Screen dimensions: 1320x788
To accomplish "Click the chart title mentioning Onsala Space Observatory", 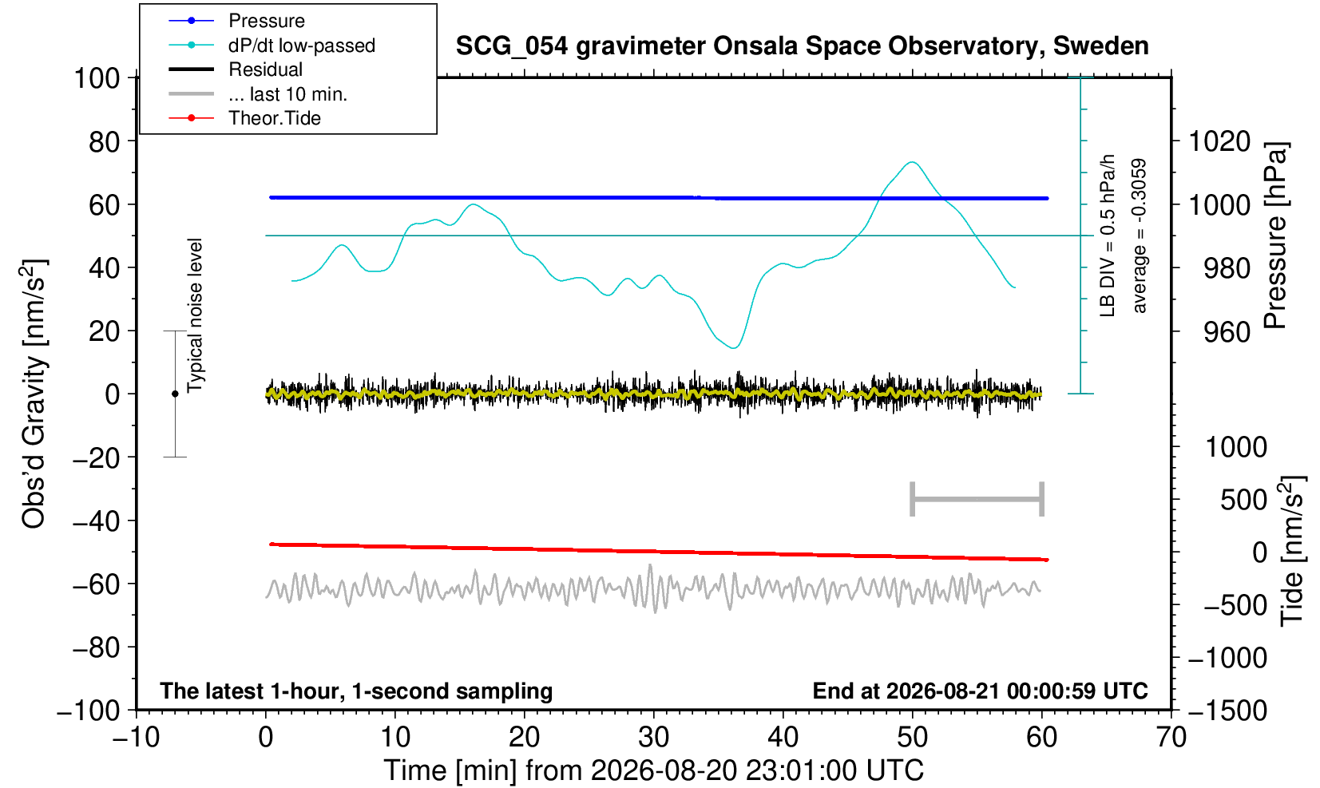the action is coord(802,46).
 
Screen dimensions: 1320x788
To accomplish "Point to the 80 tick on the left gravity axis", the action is coord(105,141).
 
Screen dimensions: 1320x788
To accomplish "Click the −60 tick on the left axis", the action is coord(96,584).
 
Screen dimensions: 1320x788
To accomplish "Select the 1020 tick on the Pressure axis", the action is coord(1219,141).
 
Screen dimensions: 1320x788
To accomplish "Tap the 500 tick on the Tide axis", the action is coord(1243,500).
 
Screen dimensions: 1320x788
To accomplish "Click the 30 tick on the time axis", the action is coord(653,737).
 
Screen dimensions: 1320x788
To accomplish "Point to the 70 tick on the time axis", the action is coord(1171,737).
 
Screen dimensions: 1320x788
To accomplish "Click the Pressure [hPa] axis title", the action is coord(1276,236).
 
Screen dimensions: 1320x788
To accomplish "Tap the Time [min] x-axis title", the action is coord(653,770).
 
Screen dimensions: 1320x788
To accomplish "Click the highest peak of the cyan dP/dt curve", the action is coord(912,162).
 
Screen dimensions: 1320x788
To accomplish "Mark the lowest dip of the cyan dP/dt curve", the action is coord(734,348).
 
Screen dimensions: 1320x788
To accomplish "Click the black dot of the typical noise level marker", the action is coord(175,394).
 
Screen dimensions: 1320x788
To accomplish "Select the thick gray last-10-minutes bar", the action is coord(977,499).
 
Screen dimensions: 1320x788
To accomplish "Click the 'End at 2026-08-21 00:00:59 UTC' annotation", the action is coord(980,691).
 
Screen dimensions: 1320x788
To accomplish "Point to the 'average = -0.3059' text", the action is coord(1140,236).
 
